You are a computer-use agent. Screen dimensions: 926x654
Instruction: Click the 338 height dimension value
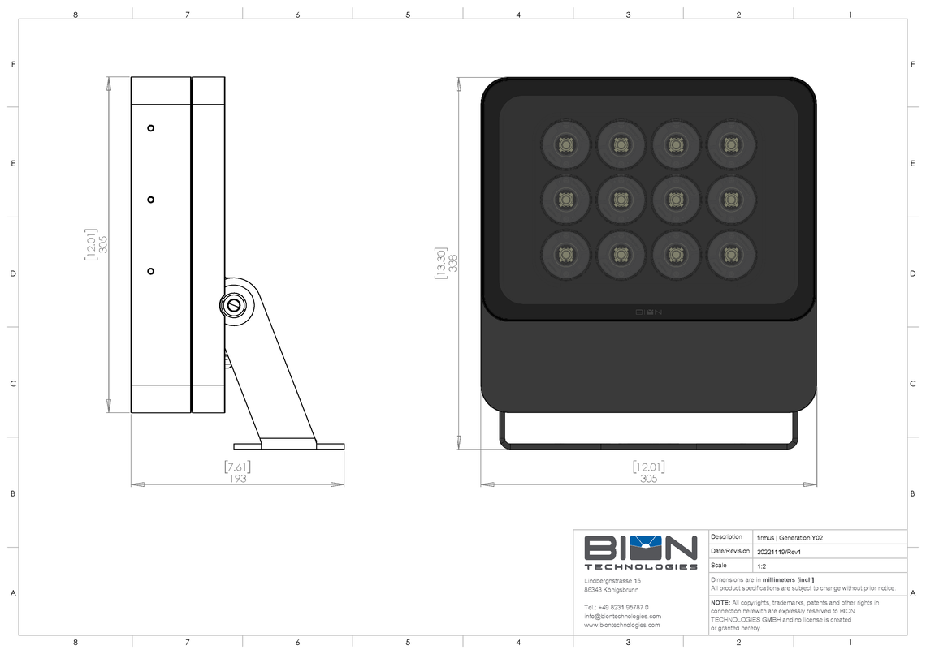click(453, 263)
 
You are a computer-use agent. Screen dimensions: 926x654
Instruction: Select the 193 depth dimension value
click(237, 479)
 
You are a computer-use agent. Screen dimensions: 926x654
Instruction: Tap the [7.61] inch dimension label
click(237, 467)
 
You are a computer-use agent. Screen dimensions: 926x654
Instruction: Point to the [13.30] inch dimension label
click(441, 263)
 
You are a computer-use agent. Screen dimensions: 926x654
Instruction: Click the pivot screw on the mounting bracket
click(233, 305)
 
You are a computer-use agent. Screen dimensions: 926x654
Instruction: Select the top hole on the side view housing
click(150, 128)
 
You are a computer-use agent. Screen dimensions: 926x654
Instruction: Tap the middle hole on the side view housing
click(150, 200)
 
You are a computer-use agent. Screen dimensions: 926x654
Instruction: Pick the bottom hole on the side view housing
click(150, 271)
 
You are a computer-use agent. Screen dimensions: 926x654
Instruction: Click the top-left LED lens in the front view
click(565, 144)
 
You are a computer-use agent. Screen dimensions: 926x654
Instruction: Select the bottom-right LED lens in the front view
click(731, 255)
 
